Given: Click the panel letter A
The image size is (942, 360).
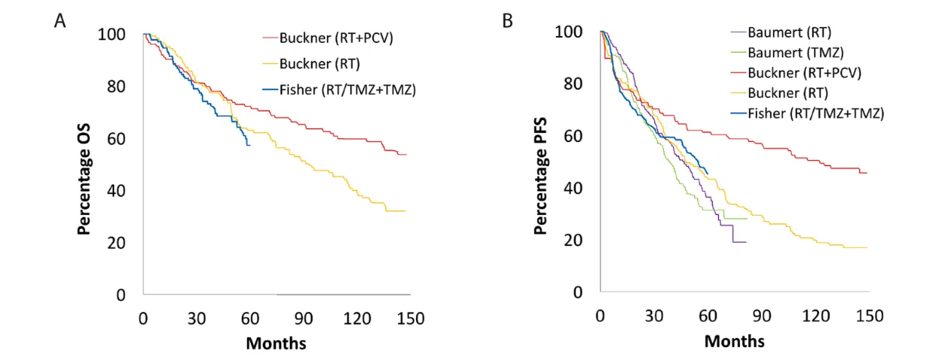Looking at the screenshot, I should pyautogui.click(x=60, y=20).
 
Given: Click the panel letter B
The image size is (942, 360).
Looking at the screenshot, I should pyautogui.click(x=508, y=20).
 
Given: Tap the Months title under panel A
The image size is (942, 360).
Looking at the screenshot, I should pyautogui.click(x=276, y=343).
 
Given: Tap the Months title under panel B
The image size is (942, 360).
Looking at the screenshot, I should pyautogui.click(x=734, y=340).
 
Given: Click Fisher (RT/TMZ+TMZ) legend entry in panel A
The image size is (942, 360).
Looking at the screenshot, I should pyautogui.click(x=348, y=89).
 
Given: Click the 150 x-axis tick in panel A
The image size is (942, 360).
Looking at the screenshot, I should pyautogui.click(x=411, y=318).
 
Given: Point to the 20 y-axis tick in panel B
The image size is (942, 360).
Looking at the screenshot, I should pyautogui.click(x=577, y=241).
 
